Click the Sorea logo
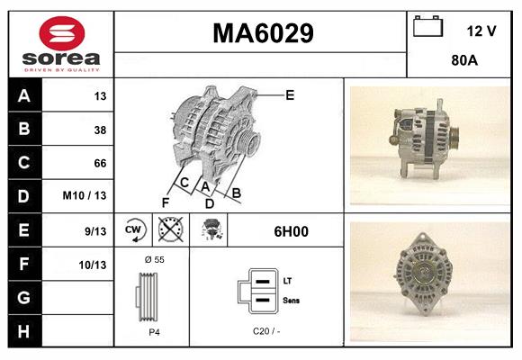[x=61, y=44]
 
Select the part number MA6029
[x=262, y=34]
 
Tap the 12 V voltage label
[x=481, y=31]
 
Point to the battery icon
[x=428, y=27]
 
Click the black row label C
[x=23, y=163]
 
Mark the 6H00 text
[x=291, y=231]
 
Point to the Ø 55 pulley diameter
[x=153, y=259]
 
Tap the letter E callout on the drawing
[x=290, y=94]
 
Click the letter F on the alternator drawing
[x=166, y=202]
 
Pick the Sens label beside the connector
[x=292, y=299]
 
